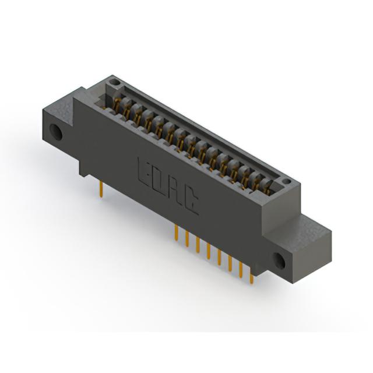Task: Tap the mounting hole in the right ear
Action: coord(279,260)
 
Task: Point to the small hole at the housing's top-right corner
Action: coord(287,182)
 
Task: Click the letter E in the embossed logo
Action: coord(146,174)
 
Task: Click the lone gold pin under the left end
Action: coord(101,189)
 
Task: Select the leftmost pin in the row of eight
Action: coord(176,233)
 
